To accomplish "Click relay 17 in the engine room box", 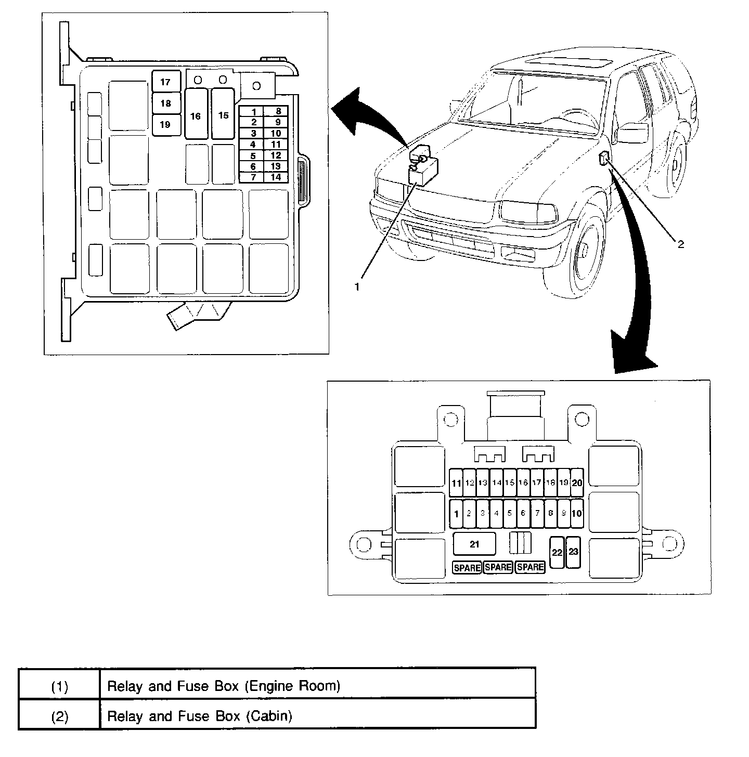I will (165, 82).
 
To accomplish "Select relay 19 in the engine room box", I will (165, 125).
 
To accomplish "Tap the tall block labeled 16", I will (196, 115).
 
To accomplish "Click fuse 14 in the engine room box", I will (276, 177).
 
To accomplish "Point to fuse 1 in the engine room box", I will (253, 112).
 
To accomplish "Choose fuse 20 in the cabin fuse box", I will (577, 482).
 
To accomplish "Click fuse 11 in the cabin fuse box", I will (456, 483).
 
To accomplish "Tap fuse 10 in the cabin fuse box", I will (577, 513).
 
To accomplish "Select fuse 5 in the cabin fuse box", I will (510, 513).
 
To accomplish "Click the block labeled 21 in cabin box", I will (474, 544).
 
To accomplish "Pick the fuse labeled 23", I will (573, 552).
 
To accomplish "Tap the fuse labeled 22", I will (557, 552).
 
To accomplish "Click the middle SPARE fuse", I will (498, 567).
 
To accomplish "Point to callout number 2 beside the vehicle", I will (680, 244).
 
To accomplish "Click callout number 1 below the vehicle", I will (357, 286).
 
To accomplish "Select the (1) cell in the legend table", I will (59, 686).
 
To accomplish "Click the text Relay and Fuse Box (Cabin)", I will (200, 716).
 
